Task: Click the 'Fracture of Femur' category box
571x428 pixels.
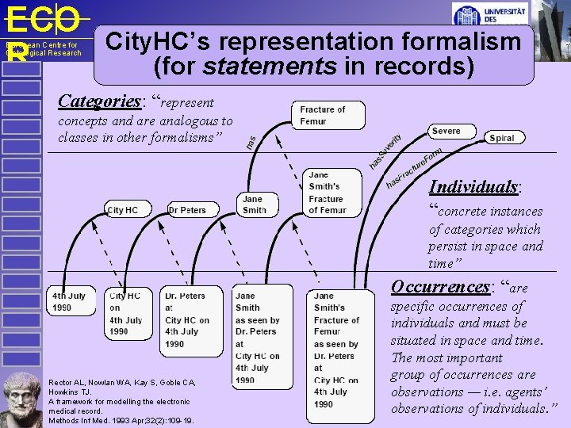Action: pyautogui.click(x=329, y=116)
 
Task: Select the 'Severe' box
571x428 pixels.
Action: pyautogui.click(x=446, y=131)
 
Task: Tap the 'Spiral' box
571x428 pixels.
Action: pyautogui.click(x=501, y=138)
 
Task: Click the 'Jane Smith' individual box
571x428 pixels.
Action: pyautogui.click(x=254, y=204)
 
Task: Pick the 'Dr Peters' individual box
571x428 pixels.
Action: pyautogui.click(x=187, y=210)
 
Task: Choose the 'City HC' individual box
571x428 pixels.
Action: pyautogui.click(x=122, y=210)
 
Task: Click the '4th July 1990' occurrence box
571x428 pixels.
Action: pyautogui.click(x=71, y=301)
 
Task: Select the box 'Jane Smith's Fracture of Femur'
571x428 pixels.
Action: pyautogui.click(x=326, y=193)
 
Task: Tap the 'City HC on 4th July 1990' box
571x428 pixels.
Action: pyautogui.click(x=126, y=313)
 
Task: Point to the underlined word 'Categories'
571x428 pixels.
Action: pyautogui.click(x=99, y=101)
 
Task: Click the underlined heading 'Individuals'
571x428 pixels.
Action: pyautogui.click(x=474, y=187)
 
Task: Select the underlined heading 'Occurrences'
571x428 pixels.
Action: pyautogui.click(x=439, y=287)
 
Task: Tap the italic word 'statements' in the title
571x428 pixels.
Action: pyautogui.click(x=269, y=67)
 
